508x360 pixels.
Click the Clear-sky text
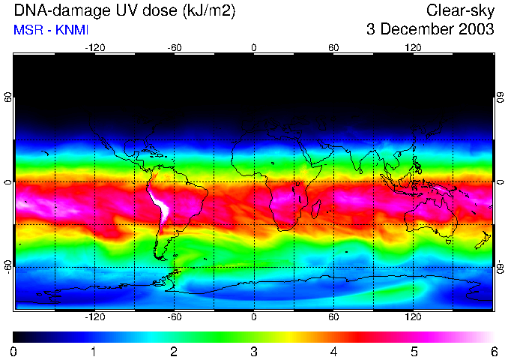[x=460, y=11]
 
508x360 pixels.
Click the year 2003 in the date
[x=475, y=30]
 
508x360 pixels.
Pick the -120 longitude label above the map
[x=94, y=47]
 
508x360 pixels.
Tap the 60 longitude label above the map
[x=333, y=47]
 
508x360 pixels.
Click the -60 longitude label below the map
[x=174, y=317]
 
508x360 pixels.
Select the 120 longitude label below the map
[x=413, y=317]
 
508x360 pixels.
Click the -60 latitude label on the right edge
[x=500, y=266]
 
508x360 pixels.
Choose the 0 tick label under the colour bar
[x=13, y=351]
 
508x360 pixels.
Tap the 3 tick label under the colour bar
[x=253, y=351]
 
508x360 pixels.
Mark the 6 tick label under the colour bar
[x=493, y=351]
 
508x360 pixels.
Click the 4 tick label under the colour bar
[x=333, y=351]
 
